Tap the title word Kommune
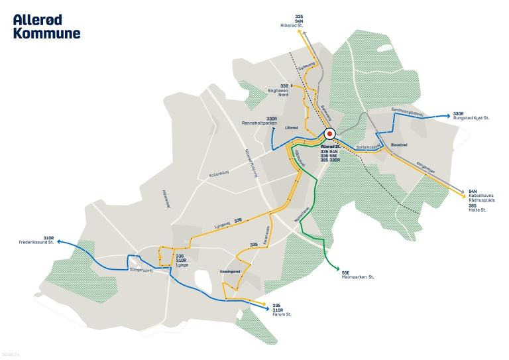coord(46,32)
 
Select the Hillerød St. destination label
coord(291,25)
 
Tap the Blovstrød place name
coord(399,143)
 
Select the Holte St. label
coord(478,210)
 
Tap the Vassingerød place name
coord(229,272)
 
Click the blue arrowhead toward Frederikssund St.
coord(58,243)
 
